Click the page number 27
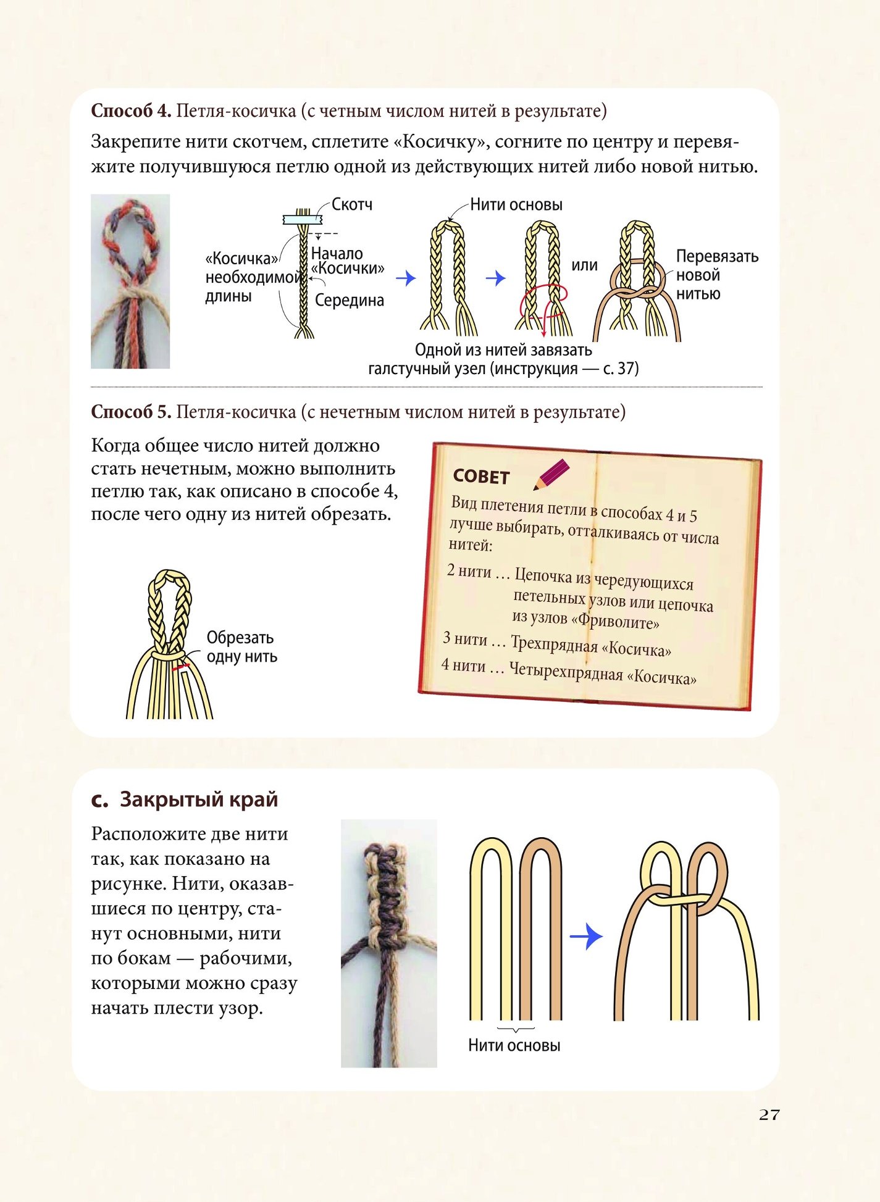[769, 1114]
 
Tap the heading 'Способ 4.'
[131, 111]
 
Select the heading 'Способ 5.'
[131, 412]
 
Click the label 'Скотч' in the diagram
[352, 204]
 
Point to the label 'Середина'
[350, 301]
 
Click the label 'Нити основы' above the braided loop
[516, 204]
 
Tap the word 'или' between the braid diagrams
[584, 265]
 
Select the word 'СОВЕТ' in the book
[481, 477]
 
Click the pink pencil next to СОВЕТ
[551, 475]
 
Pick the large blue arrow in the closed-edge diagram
[585, 937]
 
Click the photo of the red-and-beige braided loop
[130, 282]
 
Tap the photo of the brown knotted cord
[389, 943]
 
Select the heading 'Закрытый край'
[199, 799]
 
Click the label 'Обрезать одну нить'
[241, 647]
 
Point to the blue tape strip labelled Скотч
[303, 219]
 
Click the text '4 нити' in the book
[463, 666]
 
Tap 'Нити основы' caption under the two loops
[514, 1045]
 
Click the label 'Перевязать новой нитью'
[717, 275]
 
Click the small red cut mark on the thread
[181, 667]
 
